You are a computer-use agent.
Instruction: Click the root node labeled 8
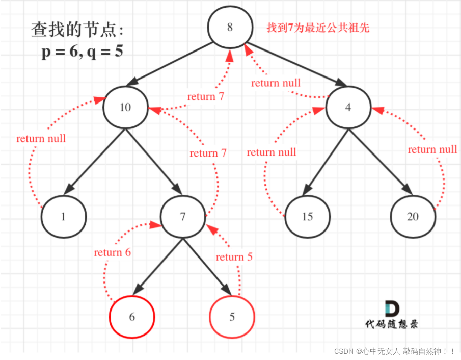(x=230, y=27)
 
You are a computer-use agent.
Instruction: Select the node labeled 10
(x=125, y=107)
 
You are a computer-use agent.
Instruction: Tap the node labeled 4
(x=348, y=108)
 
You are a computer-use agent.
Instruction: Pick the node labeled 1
(x=63, y=217)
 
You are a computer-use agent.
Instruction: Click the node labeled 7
(x=182, y=217)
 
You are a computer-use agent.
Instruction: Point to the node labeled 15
(x=307, y=217)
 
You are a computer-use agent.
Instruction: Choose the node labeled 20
(x=413, y=217)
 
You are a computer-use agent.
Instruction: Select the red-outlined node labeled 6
(x=132, y=317)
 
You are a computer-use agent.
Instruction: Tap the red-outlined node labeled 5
(x=232, y=317)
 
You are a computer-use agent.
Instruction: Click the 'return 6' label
(x=112, y=252)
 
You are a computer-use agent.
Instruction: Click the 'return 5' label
(x=234, y=257)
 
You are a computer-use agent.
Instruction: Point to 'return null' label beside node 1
(x=41, y=138)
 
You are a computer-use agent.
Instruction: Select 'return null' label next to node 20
(x=432, y=149)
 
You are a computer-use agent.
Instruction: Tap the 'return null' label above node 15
(x=272, y=152)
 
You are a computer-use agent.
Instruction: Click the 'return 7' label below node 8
(x=205, y=96)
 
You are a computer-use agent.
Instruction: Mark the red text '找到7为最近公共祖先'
(x=318, y=28)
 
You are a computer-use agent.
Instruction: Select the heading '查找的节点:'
(x=77, y=30)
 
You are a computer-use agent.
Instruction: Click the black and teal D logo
(x=392, y=309)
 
